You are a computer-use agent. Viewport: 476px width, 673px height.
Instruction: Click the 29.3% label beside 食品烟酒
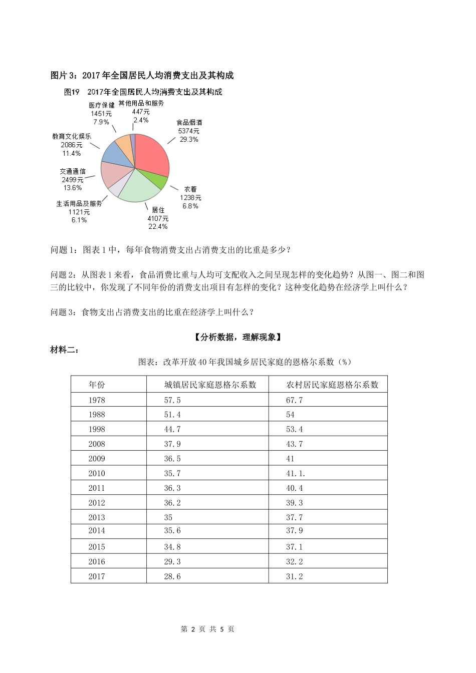coord(189,140)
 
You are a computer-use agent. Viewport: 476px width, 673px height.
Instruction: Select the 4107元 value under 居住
coord(158,218)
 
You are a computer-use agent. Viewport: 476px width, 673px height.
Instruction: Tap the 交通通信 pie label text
coord(73,171)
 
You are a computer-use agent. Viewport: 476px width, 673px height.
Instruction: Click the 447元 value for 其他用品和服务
coord(141,112)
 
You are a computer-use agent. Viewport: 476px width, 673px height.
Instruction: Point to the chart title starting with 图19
coord(143,92)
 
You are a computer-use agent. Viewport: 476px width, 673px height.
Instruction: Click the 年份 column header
coord(97,385)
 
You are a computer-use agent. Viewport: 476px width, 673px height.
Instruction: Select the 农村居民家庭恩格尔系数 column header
coord(332,385)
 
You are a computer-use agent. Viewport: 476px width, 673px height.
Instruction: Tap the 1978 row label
coord(97,400)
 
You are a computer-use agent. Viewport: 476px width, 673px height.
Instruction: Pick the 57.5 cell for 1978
coord(172,400)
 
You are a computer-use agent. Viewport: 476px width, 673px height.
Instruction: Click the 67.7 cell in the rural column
coord(295,400)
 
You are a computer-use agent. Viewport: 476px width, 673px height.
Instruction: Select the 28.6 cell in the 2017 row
coord(172,576)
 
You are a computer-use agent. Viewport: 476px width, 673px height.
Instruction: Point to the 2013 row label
coord(97,517)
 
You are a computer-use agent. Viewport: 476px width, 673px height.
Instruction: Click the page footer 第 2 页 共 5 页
coord(207,629)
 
